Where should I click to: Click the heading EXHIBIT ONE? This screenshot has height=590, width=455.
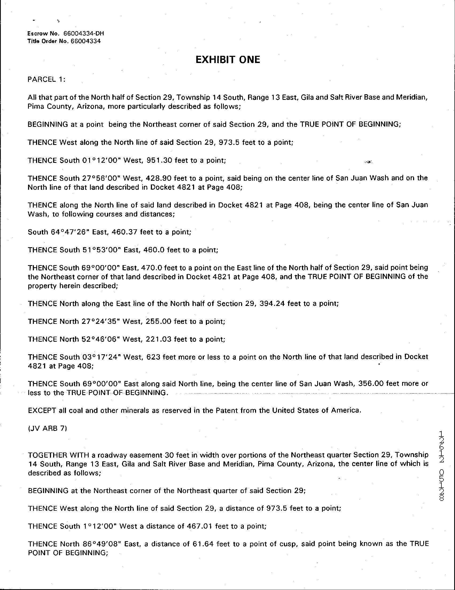point(227,60)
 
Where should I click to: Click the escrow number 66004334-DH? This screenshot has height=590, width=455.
point(84,34)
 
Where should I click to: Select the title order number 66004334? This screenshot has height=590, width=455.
point(85,41)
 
